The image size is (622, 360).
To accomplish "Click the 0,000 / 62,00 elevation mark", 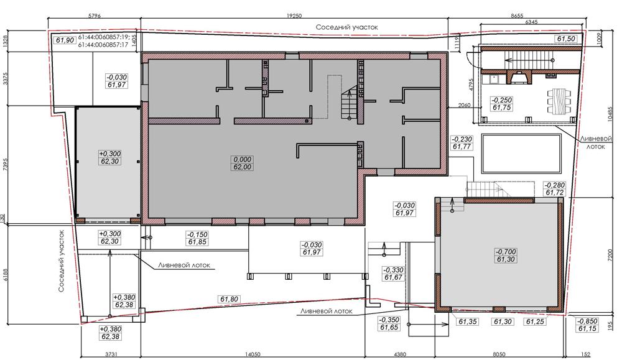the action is tap(242, 163).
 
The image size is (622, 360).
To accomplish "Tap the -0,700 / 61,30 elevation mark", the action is tap(505, 256).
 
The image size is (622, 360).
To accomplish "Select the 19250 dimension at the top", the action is tap(294, 16).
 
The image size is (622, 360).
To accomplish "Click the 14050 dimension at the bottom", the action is tap(253, 354).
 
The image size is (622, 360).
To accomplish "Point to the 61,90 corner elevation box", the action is tap(65, 40).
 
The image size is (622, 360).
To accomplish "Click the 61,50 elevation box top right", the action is tap(566, 39).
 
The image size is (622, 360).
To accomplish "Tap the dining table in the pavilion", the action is tap(559, 102).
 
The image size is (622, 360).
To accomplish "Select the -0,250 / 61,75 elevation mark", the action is tap(501, 103).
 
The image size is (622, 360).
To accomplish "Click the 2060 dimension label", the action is tap(464, 105).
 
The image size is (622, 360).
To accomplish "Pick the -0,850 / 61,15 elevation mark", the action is tap(588, 325).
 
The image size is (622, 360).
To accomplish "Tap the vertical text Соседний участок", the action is tap(61, 261).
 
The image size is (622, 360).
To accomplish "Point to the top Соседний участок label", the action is tap(346, 27).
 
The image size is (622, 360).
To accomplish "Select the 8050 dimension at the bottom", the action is tap(499, 354).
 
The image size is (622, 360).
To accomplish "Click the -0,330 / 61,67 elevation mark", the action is tap(393, 274).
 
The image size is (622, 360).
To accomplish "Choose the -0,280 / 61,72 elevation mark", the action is tap(555, 189).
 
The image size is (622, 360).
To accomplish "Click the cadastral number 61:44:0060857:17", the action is tap(103, 45).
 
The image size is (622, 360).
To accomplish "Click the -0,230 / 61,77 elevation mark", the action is tap(462, 143).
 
